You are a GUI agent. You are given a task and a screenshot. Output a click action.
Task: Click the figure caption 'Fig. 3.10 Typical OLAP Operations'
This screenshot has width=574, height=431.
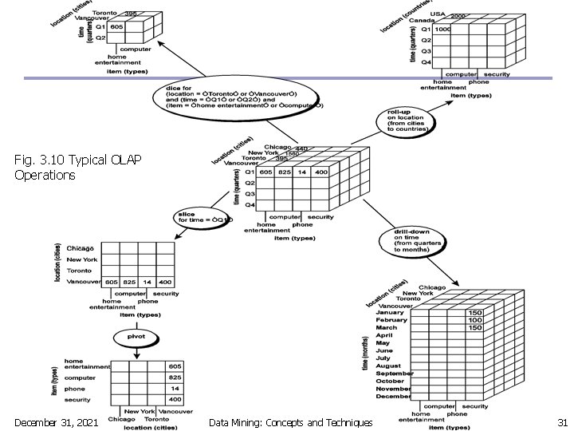click(77, 167)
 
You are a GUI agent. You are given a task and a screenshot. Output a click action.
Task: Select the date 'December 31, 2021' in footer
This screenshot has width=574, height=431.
click(56, 421)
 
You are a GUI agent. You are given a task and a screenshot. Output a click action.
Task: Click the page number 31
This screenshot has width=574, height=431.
click(561, 421)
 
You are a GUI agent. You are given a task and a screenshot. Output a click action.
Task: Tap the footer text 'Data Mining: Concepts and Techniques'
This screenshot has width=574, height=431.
click(289, 421)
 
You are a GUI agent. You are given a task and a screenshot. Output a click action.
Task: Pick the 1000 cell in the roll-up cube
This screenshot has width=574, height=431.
click(444, 29)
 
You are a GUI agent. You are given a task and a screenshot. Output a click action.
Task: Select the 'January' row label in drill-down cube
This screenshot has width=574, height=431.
click(391, 313)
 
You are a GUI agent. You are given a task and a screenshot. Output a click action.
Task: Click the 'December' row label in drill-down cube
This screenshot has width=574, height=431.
click(394, 396)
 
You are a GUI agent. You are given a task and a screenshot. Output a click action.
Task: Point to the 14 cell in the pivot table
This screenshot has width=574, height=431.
click(175, 388)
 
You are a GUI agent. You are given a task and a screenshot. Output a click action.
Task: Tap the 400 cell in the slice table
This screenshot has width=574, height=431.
click(165, 282)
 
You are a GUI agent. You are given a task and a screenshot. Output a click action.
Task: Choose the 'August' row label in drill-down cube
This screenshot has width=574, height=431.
click(390, 366)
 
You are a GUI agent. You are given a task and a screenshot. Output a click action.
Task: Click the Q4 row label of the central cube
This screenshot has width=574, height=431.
click(250, 205)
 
